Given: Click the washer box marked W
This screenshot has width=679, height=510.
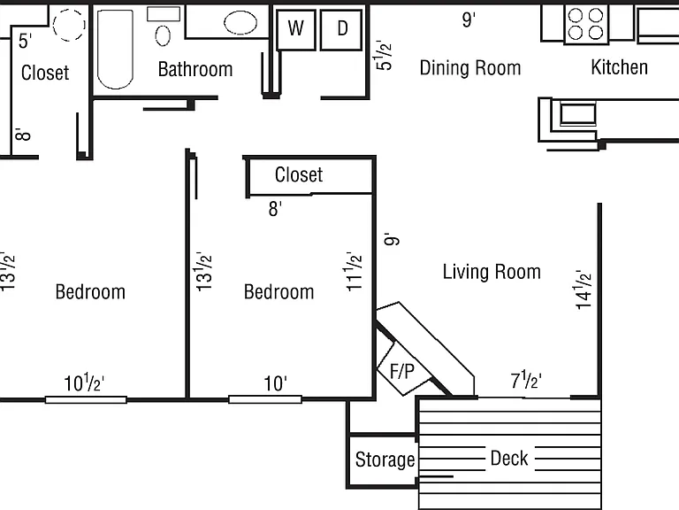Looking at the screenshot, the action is tap(296, 29).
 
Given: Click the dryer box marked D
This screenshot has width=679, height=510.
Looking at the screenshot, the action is tap(341, 29).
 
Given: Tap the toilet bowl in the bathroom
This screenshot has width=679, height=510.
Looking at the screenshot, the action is tap(163, 35).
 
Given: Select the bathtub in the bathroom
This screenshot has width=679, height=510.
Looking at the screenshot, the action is tap(115, 49).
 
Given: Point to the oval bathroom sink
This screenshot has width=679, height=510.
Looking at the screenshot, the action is tap(240, 22).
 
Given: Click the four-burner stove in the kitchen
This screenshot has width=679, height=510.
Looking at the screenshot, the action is tap(586, 24).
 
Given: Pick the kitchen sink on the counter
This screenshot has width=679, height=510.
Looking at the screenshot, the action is tap(577, 113).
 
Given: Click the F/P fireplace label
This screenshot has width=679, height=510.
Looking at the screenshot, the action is tap(402, 372).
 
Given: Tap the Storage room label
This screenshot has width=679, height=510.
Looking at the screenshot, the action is tap(385, 460).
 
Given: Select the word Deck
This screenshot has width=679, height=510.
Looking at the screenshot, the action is tap(509, 458).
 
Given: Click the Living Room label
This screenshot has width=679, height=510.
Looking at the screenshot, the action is tap(492, 272).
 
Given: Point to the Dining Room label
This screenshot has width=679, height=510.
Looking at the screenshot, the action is tap(470, 68).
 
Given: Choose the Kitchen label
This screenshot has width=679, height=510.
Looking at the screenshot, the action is tap(619, 67).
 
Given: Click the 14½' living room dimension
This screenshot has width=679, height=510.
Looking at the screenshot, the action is tap(584, 290).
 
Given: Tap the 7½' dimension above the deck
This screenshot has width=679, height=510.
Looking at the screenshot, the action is tap(526, 381).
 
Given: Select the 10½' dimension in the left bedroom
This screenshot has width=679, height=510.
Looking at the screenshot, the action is tap(84, 382).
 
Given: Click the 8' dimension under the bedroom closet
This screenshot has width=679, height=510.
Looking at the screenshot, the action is tap(275, 209).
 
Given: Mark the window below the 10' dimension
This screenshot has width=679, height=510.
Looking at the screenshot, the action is tap(265, 399).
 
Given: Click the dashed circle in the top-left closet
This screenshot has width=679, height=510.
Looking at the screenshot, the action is tap(69, 25).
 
